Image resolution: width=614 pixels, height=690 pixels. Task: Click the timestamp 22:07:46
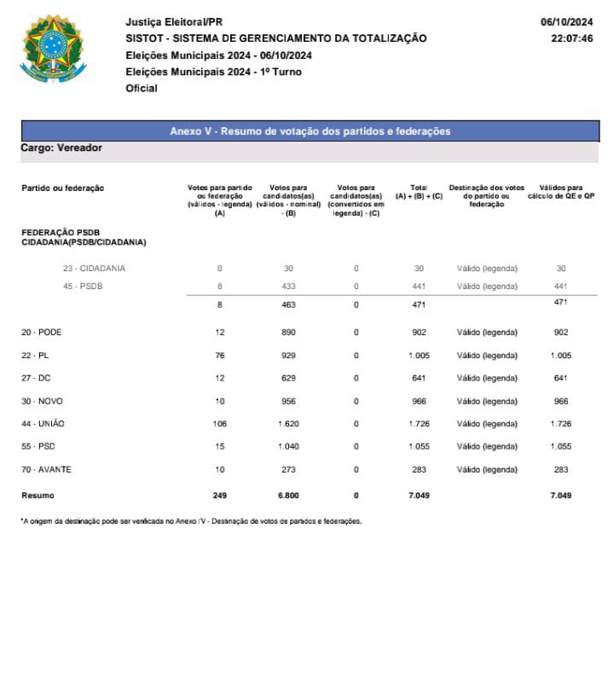571,38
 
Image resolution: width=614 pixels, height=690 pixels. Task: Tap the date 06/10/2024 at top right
566,21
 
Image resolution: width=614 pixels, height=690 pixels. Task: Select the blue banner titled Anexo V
310,131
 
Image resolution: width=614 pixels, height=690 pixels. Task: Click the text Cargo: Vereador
61,148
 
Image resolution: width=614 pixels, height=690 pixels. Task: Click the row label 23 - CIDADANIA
94,269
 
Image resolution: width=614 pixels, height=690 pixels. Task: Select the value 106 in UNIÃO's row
220,424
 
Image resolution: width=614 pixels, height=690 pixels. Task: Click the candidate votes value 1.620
288,424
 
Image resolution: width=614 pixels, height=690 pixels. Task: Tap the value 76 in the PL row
220,356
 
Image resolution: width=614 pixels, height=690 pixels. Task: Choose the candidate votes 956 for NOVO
288,401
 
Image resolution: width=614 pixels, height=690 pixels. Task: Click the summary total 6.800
288,496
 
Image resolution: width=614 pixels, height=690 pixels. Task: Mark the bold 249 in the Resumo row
220,496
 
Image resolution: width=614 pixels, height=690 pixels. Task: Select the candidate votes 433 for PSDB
288,287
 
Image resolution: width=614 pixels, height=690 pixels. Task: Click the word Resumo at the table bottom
38,496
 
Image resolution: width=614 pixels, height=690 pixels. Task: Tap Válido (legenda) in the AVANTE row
487,469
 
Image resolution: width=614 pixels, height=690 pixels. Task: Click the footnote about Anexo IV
191,521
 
